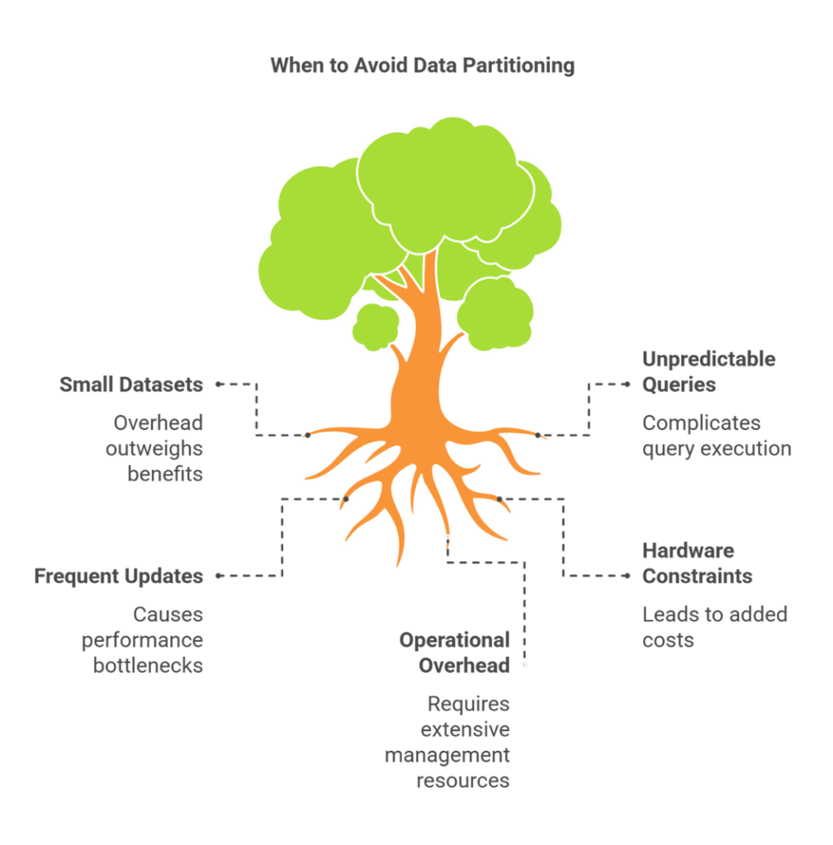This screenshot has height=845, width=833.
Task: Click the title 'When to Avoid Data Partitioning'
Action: click(422, 65)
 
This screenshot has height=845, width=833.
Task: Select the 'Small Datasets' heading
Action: click(131, 385)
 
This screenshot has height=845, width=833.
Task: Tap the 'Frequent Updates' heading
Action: click(119, 576)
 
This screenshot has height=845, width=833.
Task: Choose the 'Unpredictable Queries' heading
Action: click(708, 372)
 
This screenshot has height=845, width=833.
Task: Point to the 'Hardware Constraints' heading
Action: click(697, 563)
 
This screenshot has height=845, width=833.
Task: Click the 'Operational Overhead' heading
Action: click(455, 653)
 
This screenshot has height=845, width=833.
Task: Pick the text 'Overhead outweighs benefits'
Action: click(154, 448)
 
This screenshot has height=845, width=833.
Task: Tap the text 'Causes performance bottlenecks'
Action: click(142, 640)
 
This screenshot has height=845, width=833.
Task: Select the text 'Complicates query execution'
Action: click(717, 436)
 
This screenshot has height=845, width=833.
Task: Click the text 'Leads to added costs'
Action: click(714, 627)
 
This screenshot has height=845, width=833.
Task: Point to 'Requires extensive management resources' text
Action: click(447, 742)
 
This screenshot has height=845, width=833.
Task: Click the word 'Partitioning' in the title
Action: click(518, 66)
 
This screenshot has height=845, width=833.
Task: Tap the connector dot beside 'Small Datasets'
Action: click(218, 385)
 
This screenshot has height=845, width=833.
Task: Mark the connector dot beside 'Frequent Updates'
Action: click(218, 576)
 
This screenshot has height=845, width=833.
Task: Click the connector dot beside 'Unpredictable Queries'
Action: click(627, 385)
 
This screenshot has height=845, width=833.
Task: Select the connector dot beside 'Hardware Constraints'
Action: click(627, 576)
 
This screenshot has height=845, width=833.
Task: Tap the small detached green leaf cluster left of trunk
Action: click(376, 327)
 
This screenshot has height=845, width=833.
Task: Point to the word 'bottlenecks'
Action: click(148, 666)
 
